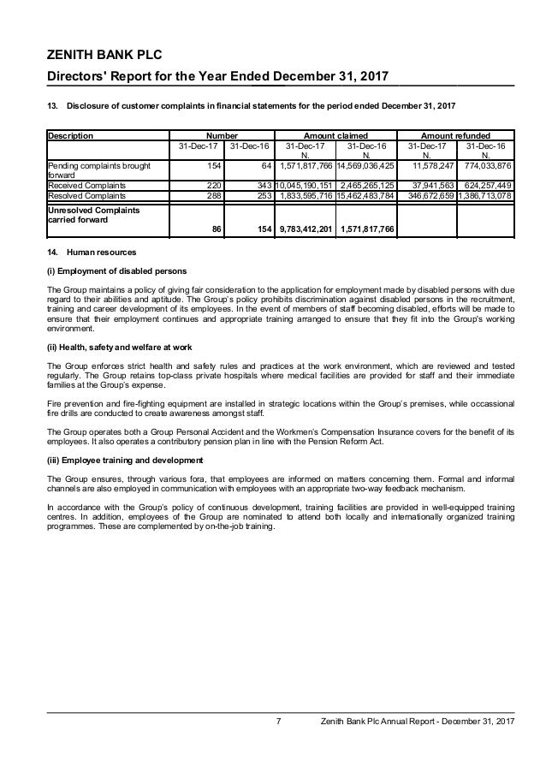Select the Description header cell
(71, 134)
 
